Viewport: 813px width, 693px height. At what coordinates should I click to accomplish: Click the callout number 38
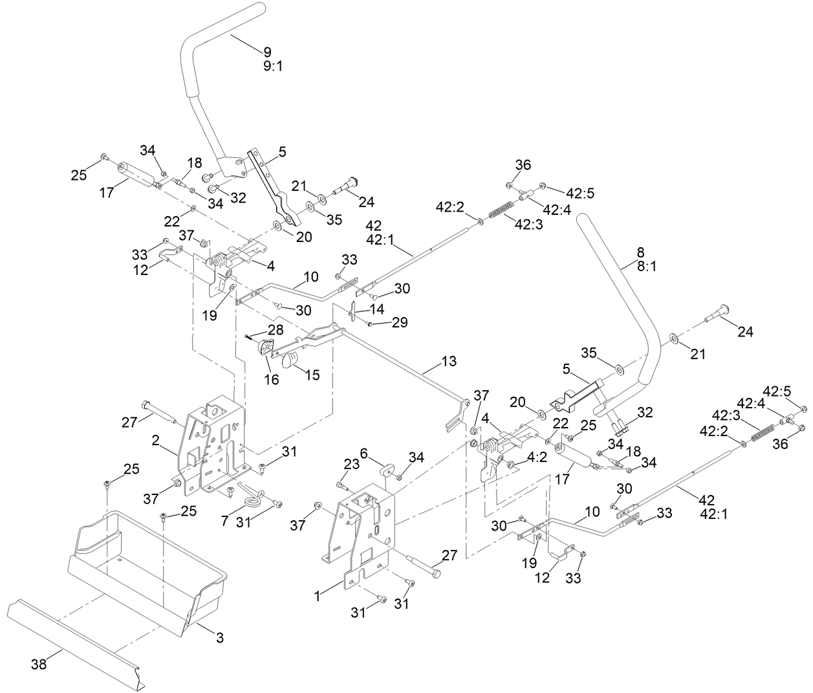pos(39,664)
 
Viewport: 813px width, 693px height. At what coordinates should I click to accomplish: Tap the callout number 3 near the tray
pos(219,637)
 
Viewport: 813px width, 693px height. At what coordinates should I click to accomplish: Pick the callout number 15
pos(312,375)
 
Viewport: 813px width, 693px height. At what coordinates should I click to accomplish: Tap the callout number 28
pos(276,330)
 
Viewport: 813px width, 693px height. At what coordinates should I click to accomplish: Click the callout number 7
pos(224,520)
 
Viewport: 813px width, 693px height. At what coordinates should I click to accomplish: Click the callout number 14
pos(377,309)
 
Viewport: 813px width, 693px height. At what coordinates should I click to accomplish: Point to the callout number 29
pos(400,322)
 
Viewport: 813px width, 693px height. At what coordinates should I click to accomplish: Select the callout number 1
pos(318,596)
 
